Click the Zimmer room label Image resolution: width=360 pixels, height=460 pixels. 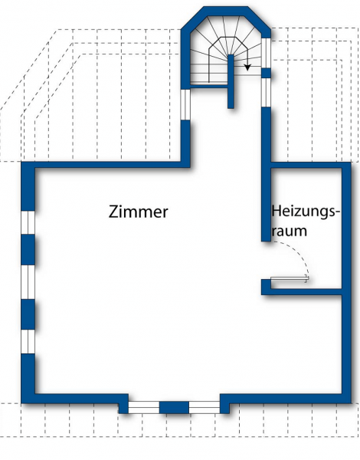[x=139, y=212]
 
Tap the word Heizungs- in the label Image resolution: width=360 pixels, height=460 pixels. [x=306, y=212]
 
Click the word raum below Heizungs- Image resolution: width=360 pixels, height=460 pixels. [x=290, y=231]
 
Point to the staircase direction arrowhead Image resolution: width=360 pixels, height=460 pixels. [x=247, y=67]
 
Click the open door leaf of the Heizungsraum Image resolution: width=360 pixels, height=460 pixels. [x=290, y=279]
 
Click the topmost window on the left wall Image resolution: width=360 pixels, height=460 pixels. [x=28, y=222]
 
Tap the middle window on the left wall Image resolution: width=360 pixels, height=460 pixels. [x=28, y=282]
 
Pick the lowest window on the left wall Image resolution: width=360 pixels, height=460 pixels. [x=28, y=341]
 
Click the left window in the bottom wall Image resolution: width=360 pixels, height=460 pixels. [x=144, y=408]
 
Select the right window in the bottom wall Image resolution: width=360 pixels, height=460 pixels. [x=205, y=408]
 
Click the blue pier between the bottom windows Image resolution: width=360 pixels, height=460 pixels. [x=174, y=408]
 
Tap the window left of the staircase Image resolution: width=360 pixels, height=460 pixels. [x=185, y=104]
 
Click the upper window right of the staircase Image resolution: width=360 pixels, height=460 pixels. [x=266, y=53]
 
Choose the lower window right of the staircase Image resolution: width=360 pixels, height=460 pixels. [x=266, y=93]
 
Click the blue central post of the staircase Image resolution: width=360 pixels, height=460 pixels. [x=231, y=81]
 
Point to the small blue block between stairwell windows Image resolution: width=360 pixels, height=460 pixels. [x=266, y=73]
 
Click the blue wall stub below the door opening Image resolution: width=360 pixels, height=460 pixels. [x=266, y=287]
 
